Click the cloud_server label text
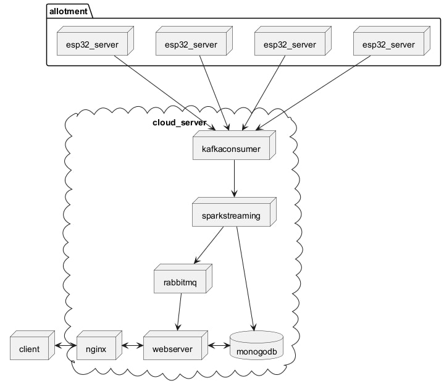[179, 122]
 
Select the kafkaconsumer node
[230, 149]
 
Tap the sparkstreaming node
[230, 216]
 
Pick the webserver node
[171, 349]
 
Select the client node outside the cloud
[30, 349]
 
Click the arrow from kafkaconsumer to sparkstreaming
[233, 179]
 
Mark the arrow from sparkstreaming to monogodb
[245, 278]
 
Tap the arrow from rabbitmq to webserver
[179, 312]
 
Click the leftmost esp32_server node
[92, 44]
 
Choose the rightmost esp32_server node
[388, 44]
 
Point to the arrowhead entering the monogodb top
[253, 327]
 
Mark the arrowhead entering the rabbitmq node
[198, 260]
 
